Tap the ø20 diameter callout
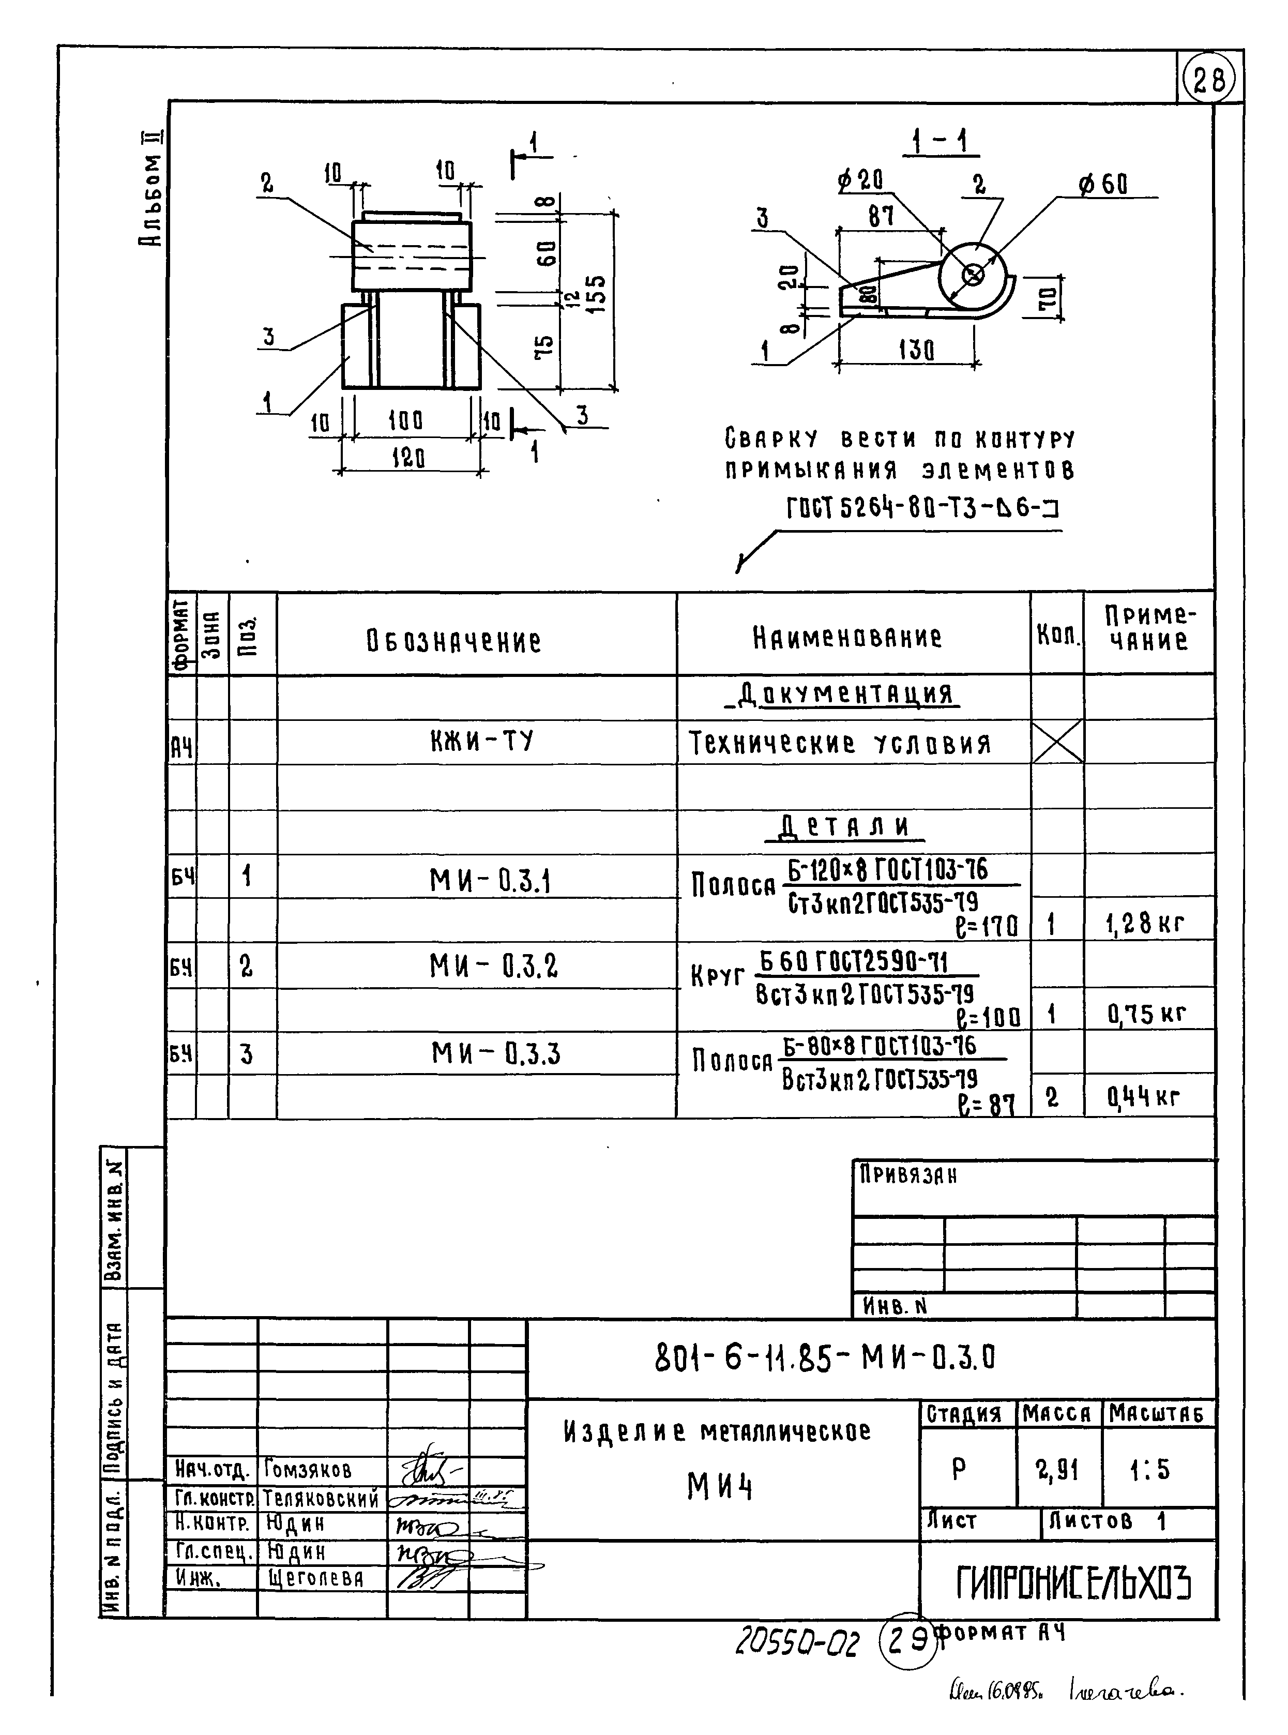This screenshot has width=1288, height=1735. (861, 182)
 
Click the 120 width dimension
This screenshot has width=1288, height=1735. (408, 458)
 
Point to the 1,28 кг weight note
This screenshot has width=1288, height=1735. (1145, 925)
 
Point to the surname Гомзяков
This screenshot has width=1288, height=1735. (308, 1470)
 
